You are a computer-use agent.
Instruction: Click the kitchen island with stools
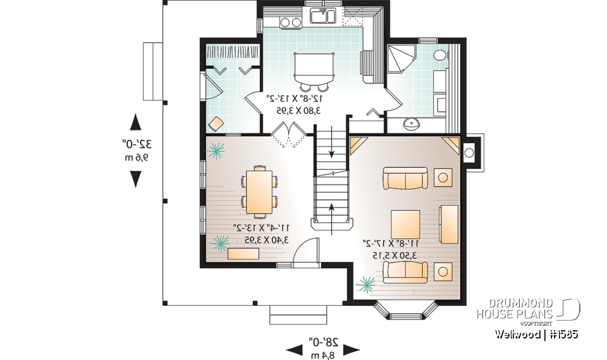tap(313, 67)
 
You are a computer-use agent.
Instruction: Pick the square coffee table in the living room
tap(405, 225)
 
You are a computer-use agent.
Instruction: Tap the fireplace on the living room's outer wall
tap(470, 151)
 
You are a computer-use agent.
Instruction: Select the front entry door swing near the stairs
tap(306, 251)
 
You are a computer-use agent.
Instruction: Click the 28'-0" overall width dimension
tap(323, 347)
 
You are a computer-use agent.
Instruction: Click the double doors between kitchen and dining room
tap(288, 134)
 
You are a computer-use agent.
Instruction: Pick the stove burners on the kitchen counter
tap(290, 22)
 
